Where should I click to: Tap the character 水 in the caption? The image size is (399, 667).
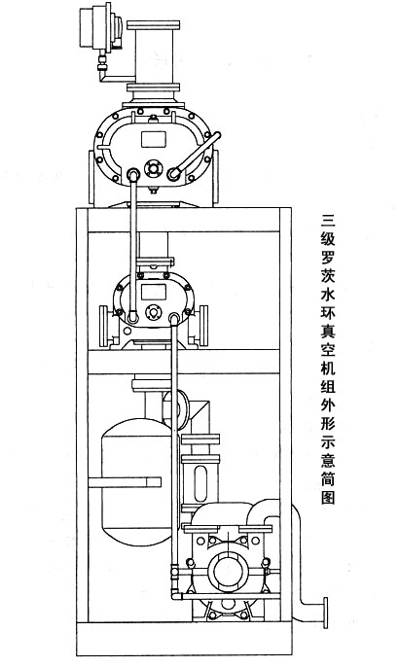click(x=328, y=294)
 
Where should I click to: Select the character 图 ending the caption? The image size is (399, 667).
click(x=328, y=498)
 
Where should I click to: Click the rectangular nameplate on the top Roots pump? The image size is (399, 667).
click(x=154, y=139)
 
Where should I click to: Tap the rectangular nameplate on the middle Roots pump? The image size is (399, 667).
click(x=154, y=292)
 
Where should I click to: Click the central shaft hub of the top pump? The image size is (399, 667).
click(x=153, y=168)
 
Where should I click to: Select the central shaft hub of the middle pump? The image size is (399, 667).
click(x=152, y=312)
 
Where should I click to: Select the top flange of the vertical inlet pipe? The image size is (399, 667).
click(x=154, y=24)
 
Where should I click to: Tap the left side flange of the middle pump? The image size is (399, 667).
click(x=103, y=326)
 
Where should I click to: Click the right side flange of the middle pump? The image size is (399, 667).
click(x=203, y=326)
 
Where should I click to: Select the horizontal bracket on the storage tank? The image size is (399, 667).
click(x=125, y=482)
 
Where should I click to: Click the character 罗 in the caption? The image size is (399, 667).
click(x=328, y=258)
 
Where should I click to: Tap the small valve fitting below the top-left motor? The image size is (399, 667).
click(x=102, y=62)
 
